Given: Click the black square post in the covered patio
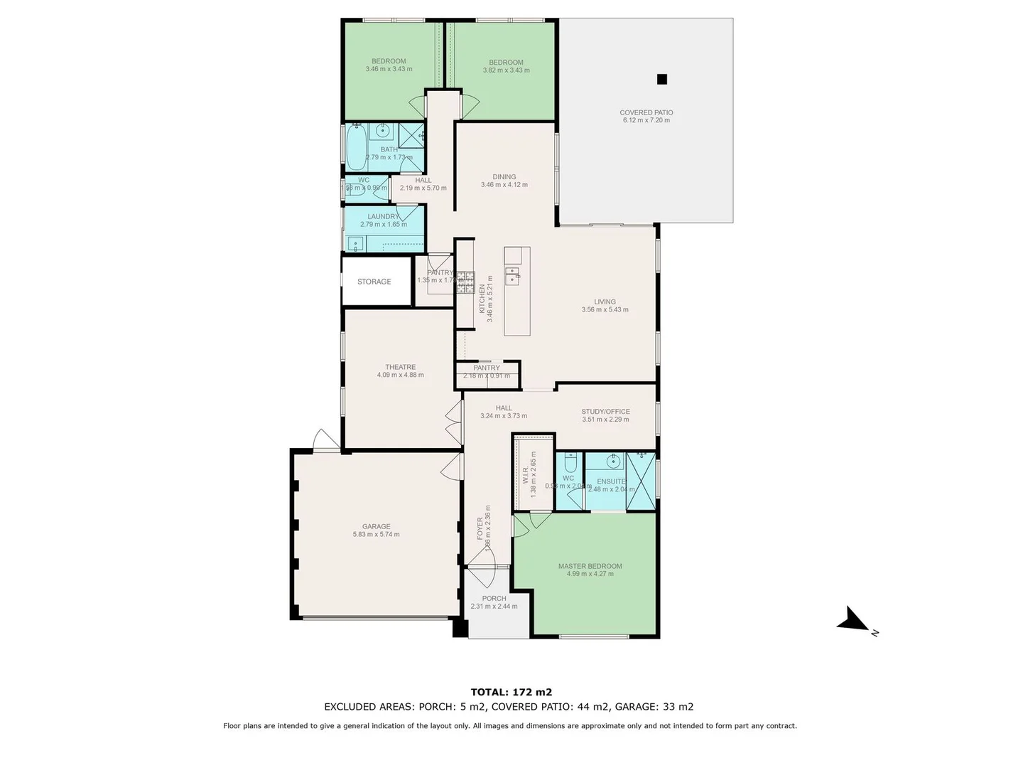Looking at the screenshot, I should click(662, 80).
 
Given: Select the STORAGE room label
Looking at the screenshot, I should click(374, 282).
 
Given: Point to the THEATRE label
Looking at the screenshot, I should click(401, 367).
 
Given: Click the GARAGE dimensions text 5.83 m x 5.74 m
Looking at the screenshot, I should click(376, 535).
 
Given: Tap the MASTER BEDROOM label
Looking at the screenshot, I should click(590, 566).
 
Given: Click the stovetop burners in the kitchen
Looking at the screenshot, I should click(465, 282).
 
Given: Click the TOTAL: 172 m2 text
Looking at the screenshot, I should click(511, 692).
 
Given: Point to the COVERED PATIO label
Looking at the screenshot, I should click(646, 112).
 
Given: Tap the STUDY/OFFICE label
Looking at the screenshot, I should click(605, 412).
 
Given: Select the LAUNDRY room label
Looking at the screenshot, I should click(384, 217).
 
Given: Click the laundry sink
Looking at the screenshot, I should click(354, 244).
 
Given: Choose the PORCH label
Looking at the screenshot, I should click(494, 598).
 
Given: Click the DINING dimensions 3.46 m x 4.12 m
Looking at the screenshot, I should click(504, 185).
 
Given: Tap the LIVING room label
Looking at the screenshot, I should click(605, 302).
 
